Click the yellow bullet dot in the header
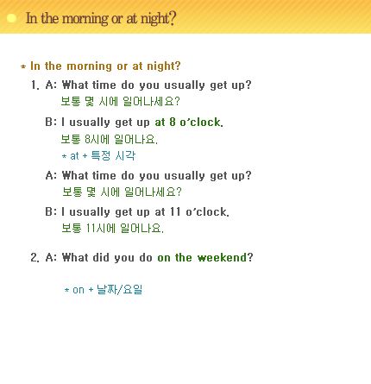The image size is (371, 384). click(x=11, y=18)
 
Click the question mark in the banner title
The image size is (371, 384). click(x=173, y=19)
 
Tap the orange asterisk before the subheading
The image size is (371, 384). click(x=23, y=66)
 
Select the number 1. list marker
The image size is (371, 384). click(x=35, y=85)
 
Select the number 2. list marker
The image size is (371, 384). click(x=35, y=257)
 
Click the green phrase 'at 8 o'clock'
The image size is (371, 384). click(x=189, y=123)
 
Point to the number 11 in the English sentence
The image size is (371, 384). click(x=175, y=212)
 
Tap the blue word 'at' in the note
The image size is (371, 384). click(x=74, y=156)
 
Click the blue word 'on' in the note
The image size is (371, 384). click(x=79, y=290)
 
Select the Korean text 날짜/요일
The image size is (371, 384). click(x=119, y=289)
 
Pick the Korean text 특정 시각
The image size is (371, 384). click(x=113, y=155)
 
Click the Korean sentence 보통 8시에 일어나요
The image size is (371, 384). click(x=110, y=140)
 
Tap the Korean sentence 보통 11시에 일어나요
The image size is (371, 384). click(x=112, y=229)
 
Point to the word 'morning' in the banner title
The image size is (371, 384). click(x=85, y=19)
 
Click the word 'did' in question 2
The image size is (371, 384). click(x=101, y=257)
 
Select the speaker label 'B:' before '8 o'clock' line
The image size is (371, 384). click(x=51, y=123)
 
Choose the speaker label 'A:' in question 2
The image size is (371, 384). click(x=51, y=257)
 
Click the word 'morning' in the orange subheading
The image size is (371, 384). click(x=89, y=66)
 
